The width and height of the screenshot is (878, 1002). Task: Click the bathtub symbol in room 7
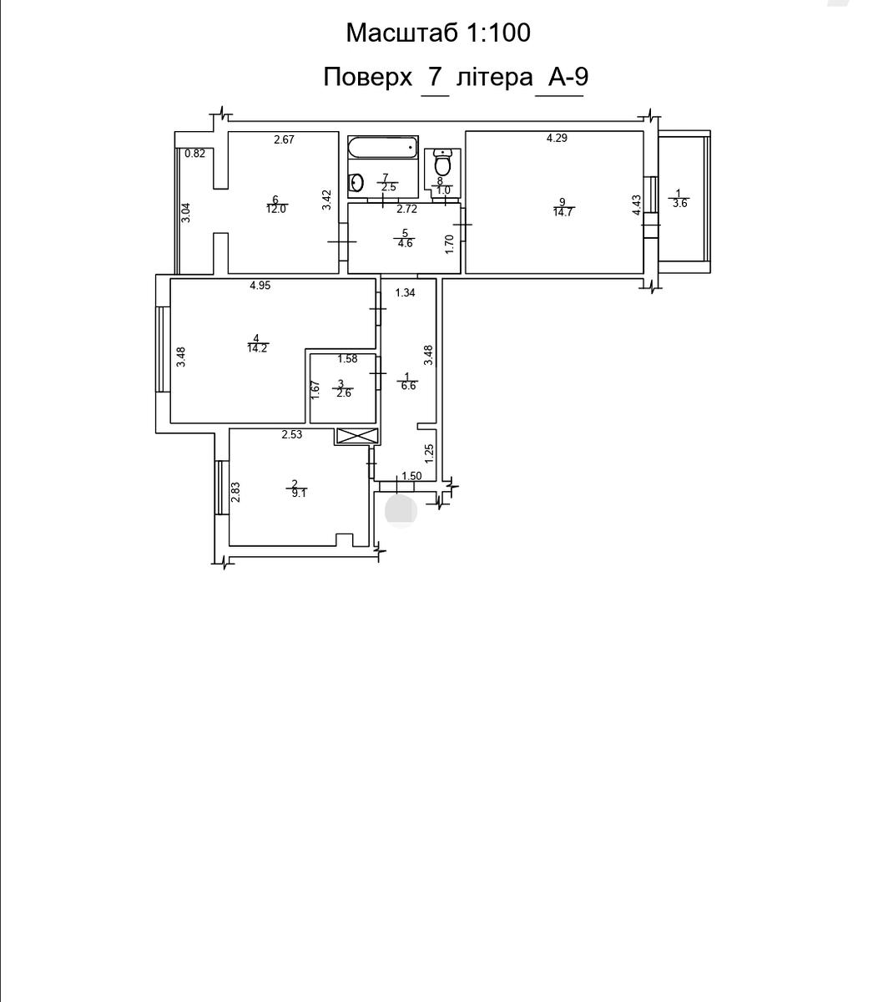point(382,147)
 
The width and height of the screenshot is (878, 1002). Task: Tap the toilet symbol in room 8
point(442,163)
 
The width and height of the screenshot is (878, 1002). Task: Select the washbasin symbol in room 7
point(356,183)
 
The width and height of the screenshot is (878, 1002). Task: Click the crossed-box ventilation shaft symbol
point(356,436)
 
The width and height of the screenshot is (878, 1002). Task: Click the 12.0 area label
point(276,209)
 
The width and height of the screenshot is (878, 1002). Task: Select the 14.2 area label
point(257,348)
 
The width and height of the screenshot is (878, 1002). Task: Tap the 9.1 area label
point(299,493)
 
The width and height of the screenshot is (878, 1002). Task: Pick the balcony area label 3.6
point(679,203)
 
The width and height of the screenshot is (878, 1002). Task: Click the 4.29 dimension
point(557,138)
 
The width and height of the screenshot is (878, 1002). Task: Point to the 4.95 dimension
point(260,286)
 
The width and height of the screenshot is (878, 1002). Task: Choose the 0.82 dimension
point(194,154)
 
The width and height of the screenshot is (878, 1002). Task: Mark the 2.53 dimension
point(291,435)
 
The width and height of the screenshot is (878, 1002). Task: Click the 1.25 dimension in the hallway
point(429,453)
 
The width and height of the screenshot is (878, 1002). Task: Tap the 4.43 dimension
point(637,205)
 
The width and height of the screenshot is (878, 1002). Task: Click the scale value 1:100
point(498,33)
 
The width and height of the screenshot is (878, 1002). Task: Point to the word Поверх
point(368,77)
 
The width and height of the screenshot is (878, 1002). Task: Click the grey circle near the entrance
point(401,511)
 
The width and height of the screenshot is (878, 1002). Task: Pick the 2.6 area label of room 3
point(344,393)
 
